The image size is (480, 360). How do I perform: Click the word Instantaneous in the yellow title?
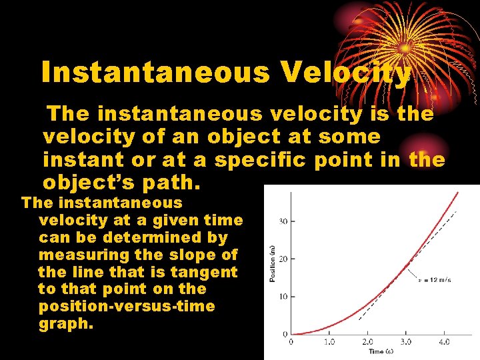(x=155, y=73)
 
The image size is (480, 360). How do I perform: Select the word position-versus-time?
(x=127, y=306)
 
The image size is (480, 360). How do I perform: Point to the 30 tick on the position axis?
(x=283, y=221)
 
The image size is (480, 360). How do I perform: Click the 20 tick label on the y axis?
(x=283, y=259)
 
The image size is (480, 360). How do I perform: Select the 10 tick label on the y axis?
(x=283, y=296)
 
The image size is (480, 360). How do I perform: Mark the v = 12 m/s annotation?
(x=435, y=280)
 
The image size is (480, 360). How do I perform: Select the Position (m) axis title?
(x=272, y=263)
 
